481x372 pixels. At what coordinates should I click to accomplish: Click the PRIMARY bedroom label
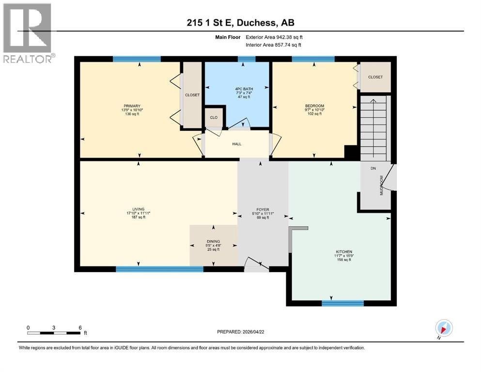[x=132, y=106]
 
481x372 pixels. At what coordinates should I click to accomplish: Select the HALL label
[x=236, y=144]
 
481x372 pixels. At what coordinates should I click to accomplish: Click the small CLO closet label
[x=214, y=117]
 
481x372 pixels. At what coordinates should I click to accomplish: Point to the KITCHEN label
[x=343, y=252]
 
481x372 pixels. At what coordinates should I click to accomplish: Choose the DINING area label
[x=213, y=241]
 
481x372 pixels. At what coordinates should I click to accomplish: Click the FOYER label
[x=263, y=209]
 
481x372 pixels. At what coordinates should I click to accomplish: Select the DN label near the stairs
[x=373, y=169]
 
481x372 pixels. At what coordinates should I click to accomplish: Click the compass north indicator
[x=444, y=328]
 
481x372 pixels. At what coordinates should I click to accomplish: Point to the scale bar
[x=54, y=333]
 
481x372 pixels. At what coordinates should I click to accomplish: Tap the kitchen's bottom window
[x=342, y=304]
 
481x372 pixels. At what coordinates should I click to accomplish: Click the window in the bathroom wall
[x=247, y=59]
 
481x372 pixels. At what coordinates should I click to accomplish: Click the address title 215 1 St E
[x=240, y=23]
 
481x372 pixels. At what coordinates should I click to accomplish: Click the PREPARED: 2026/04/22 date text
[x=240, y=332]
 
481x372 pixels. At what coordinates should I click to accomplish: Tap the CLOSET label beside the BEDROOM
[x=375, y=77]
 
